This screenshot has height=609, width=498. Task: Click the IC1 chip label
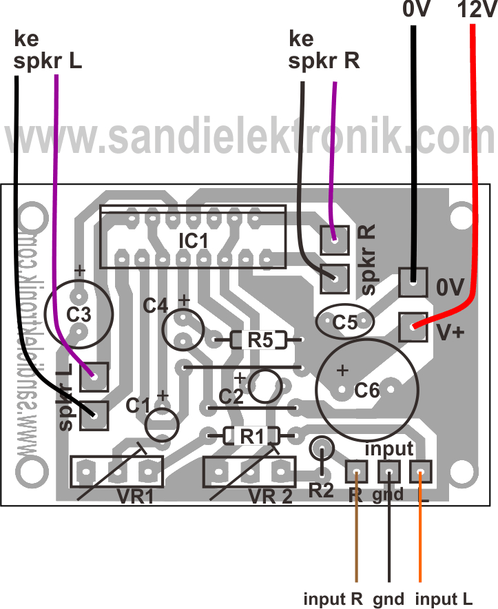coord(193,242)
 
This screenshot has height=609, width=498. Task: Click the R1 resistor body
coord(251,435)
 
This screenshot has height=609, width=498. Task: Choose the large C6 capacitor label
coord(366,391)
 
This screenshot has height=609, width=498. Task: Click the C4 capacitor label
coord(155,305)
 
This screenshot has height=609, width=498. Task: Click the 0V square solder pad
coord(413,280)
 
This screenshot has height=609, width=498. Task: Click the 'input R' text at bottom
coord(333,598)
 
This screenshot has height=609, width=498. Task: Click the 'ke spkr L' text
coord(47,52)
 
